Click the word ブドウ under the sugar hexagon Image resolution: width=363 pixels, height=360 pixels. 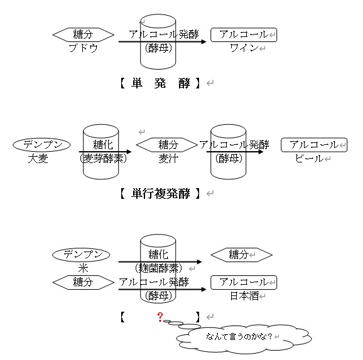coord(84,48)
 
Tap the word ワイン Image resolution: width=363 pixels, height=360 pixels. coord(243,48)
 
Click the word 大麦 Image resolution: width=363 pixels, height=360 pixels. coord(38,158)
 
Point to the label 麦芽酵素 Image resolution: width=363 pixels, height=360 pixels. coord(104,158)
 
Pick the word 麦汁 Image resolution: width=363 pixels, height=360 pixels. coord(168,158)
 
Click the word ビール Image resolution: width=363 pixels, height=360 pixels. coord(309,158)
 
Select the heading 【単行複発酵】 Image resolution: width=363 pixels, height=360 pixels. coord(160,193)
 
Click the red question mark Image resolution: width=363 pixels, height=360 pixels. coord(161,316)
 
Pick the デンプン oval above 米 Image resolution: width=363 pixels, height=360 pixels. coord(82,255)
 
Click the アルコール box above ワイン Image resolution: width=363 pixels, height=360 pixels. coord(242,34)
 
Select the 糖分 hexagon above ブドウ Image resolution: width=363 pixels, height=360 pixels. coord(84,34)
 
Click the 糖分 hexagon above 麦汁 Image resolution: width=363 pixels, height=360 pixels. coord(168,145)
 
